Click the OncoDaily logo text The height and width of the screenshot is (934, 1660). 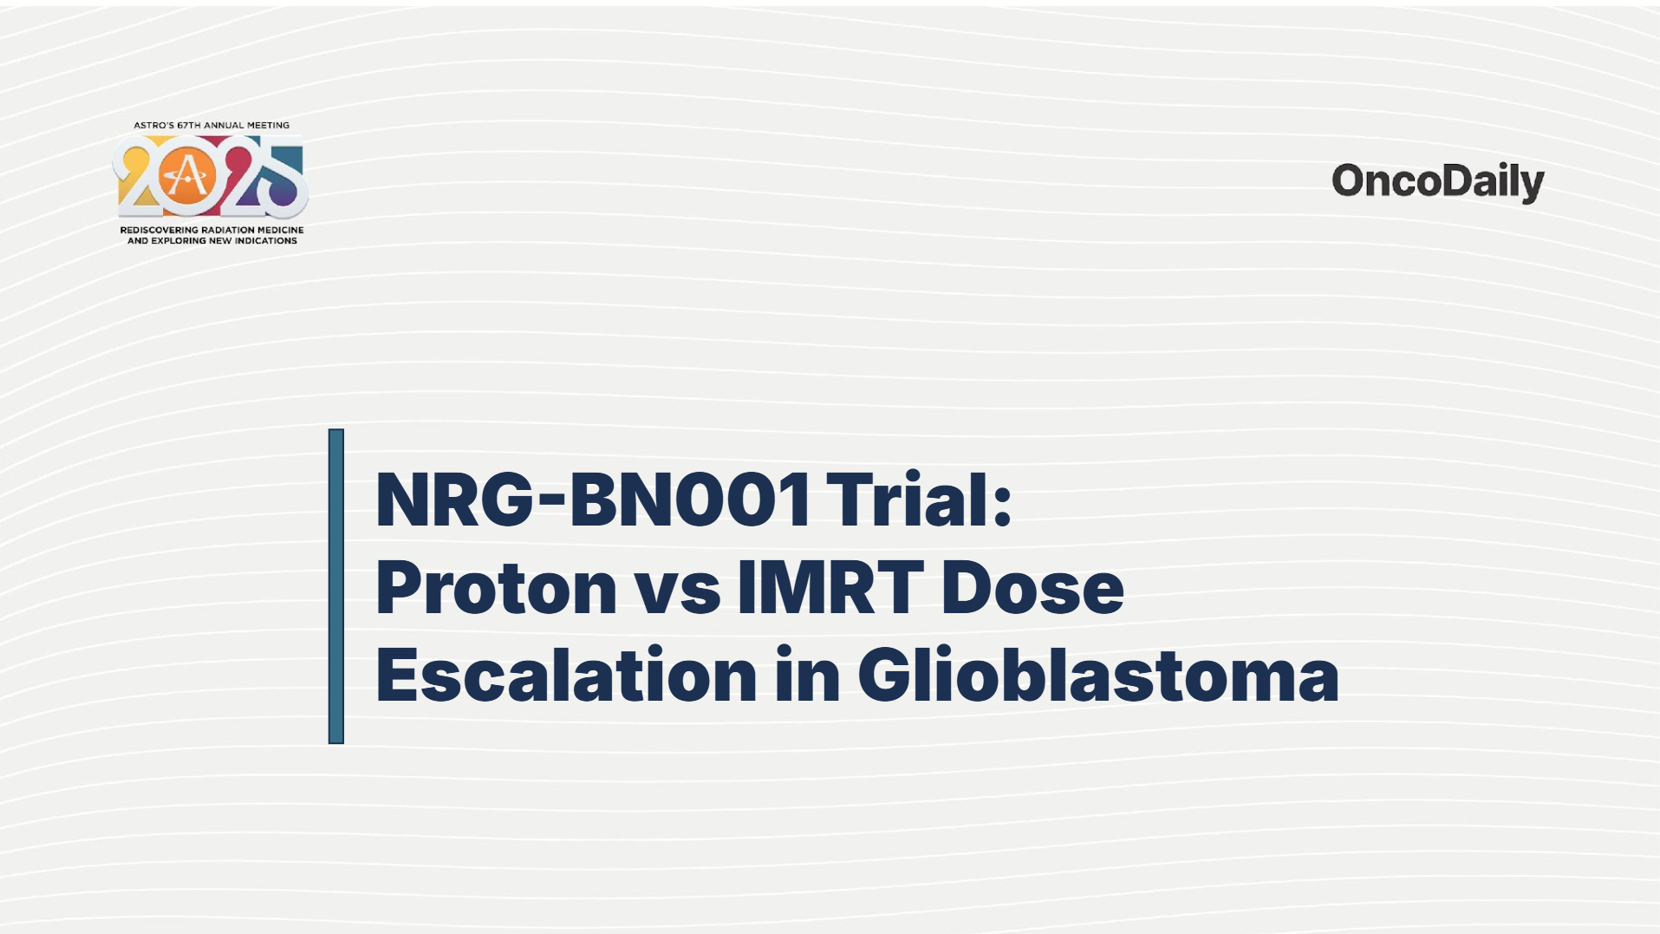(x=1437, y=182)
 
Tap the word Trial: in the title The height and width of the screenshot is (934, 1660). (x=919, y=500)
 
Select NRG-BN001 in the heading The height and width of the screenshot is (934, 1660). (x=593, y=500)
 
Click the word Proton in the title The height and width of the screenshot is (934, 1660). (x=496, y=588)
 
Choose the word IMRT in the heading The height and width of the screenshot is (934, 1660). (x=830, y=588)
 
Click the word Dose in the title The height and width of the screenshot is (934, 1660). (x=1032, y=588)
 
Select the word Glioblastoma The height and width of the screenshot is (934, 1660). (x=1098, y=674)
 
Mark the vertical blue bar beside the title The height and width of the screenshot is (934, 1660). (x=336, y=586)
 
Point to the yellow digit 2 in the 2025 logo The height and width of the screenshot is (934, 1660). (x=139, y=178)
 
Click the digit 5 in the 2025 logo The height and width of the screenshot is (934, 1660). (x=282, y=180)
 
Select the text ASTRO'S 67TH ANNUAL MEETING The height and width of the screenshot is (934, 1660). (x=212, y=125)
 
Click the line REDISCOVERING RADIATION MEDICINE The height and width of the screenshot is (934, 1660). (x=212, y=230)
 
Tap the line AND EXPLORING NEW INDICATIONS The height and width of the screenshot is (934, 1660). (x=212, y=241)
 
